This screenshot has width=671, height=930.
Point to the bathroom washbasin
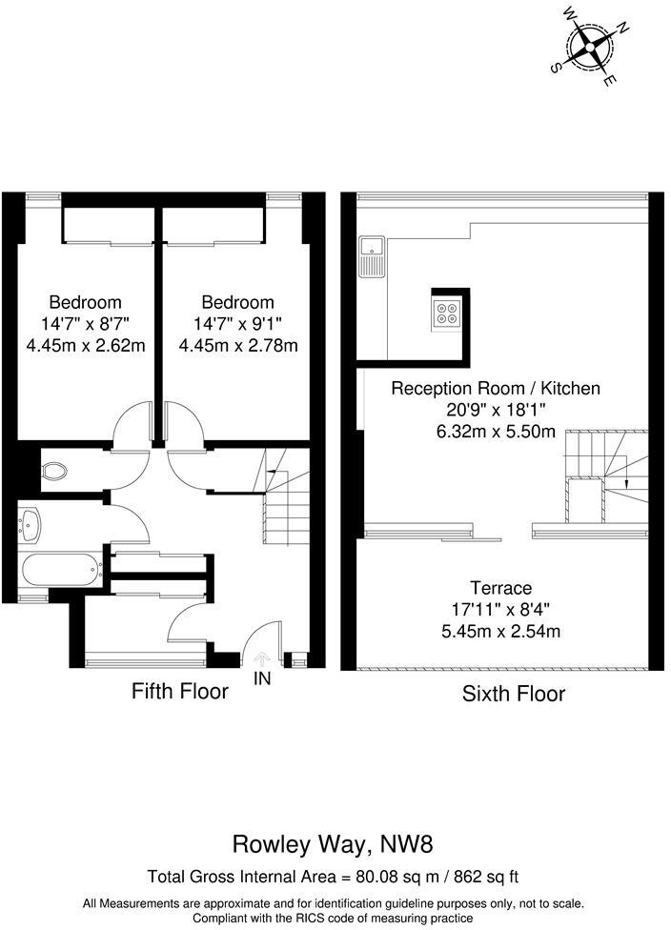30,523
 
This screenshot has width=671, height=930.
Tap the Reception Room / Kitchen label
497,388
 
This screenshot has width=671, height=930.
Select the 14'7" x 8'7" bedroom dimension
86,324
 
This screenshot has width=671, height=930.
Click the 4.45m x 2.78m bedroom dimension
238,345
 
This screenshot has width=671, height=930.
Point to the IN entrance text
263,678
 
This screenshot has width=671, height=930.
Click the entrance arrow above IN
263,658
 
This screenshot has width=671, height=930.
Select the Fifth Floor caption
180,691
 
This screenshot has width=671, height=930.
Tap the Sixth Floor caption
513,694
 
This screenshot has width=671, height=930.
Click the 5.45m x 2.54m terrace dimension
500,631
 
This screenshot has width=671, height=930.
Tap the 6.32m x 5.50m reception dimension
497,431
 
